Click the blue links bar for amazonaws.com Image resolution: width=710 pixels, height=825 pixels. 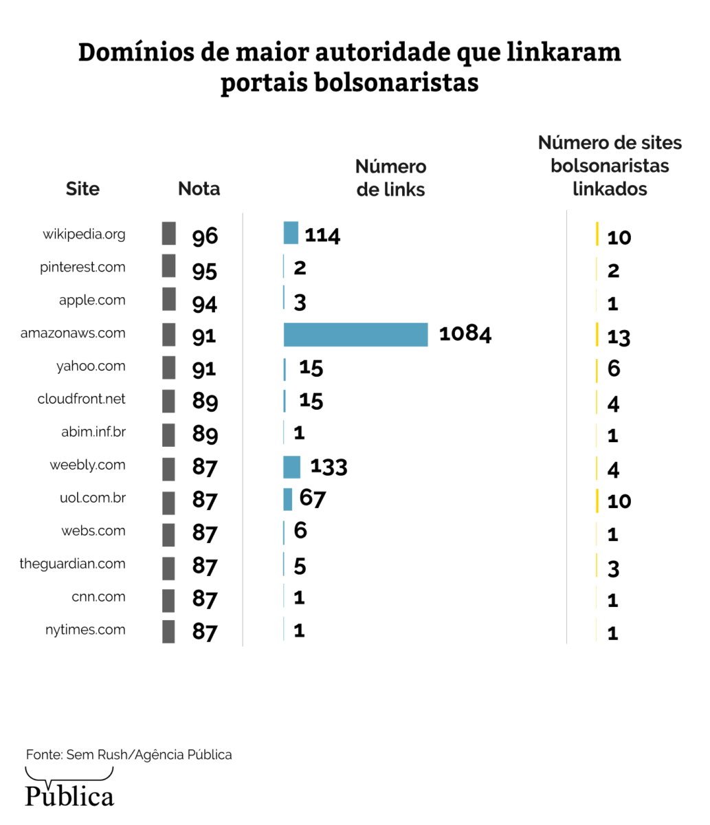(x=355, y=335)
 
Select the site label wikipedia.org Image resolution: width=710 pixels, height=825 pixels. (x=84, y=234)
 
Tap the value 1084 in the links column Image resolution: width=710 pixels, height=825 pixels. (x=465, y=333)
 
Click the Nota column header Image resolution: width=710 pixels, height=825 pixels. (x=199, y=189)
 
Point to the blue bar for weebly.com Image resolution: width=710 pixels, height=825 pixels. (x=291, y=467)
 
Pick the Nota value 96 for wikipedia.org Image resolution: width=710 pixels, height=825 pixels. (x=205, y=236)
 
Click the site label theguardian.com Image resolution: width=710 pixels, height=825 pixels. (x=72, y=564)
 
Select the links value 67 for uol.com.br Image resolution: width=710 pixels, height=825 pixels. (x=313, y=498)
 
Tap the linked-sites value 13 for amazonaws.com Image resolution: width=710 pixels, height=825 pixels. (x=619, y=337)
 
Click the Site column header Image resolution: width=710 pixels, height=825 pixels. (x=82, y=189)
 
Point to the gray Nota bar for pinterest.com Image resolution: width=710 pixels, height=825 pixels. (x=168, y=266)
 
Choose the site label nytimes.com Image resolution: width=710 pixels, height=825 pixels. (x=85, y=630)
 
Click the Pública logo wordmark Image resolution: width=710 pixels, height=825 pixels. (x=69, y=796)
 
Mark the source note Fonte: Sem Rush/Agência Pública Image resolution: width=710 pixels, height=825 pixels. (x=129, y=755)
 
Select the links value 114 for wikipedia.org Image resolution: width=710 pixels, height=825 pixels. (x=322, y=235)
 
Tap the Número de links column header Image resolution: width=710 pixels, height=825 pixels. (x=390, y=178)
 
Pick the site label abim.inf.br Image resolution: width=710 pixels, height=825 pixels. (x=93, y=432)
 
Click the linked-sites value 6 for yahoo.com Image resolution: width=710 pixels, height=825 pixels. (x=614, y=368)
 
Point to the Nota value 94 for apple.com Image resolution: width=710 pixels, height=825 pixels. (x=205, y=303)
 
